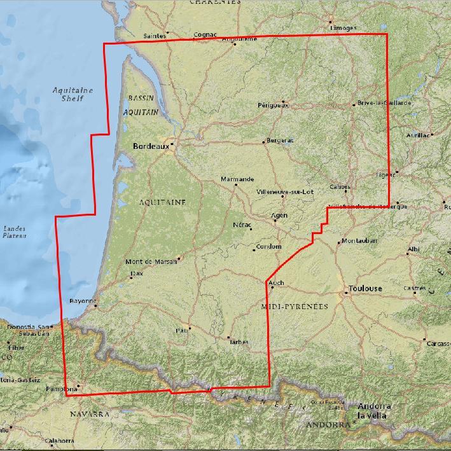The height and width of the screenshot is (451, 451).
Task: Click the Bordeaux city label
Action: (x=151, y=146)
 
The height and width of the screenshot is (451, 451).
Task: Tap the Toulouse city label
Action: (x=365, y=289)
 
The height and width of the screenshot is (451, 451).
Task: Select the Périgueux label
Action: (x=273, y=105)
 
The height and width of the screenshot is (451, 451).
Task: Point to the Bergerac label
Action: (x=281, y=140)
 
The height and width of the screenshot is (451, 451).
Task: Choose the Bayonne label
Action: (x=81, y=300)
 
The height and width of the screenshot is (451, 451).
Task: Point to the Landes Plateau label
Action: (x=14, y=232)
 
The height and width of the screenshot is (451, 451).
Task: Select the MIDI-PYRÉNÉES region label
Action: (x=295, y=307)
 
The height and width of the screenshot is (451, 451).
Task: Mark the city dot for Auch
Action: (x=272, y=288)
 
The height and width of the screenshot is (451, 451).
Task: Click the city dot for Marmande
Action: (x=235, y=185)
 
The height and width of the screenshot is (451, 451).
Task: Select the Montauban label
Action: (x=359, y=241)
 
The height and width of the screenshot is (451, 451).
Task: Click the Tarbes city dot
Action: (x=228, y=338)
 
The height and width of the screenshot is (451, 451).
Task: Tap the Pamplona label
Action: (x=62, y=389)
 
